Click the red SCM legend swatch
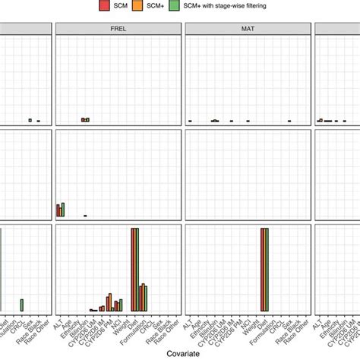103,6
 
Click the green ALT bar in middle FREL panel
63,210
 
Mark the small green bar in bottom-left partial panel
22,305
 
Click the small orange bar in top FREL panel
85,120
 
